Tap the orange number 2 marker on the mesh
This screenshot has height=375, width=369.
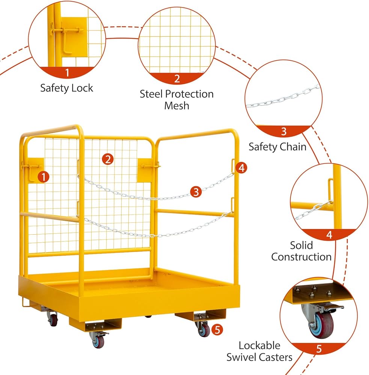(x=107, y=159)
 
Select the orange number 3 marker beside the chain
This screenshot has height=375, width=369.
(x=196, y=192)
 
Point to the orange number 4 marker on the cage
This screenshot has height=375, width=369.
(x=242, y=168)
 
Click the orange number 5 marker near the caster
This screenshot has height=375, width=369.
(x=217, y=330)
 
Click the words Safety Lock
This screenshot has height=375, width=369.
(x=66, y=88)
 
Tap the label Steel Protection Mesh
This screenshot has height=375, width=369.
(x=177, y=99)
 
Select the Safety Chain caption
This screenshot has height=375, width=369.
(x=277, y=147)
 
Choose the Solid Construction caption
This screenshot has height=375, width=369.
(x=301, y=251)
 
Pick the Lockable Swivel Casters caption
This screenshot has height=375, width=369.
(x=259, y=351)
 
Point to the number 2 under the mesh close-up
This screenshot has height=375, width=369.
(x=177, y=78)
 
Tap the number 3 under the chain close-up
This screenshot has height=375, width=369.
(x=284, y=131)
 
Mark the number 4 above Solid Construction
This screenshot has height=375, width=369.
(x=329, y=235)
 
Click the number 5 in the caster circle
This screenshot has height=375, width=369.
(x=319, y=349)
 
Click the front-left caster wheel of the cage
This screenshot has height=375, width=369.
(x=98, y=340)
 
